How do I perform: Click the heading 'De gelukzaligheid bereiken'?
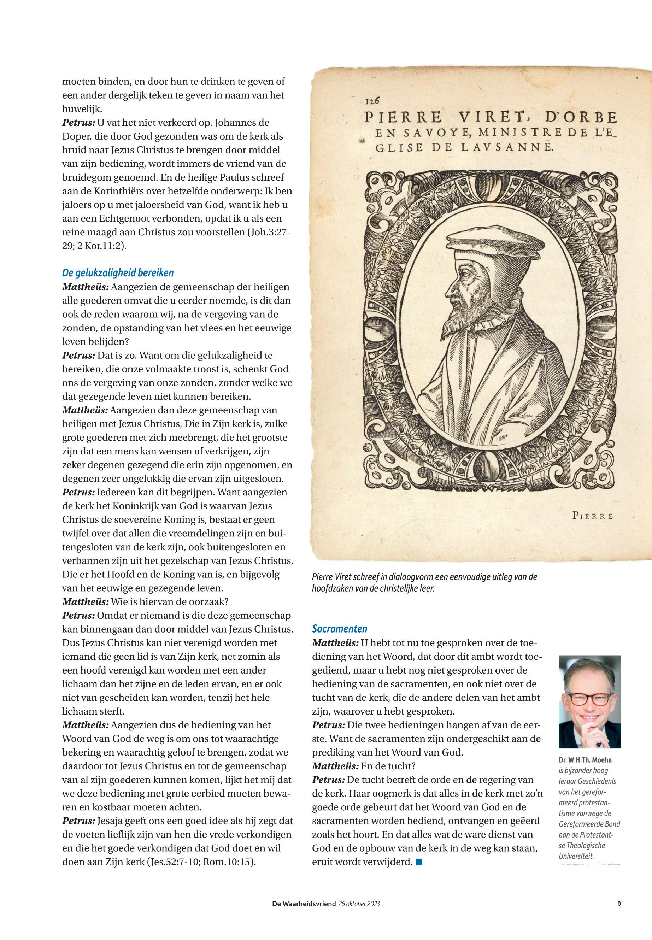[118, 273]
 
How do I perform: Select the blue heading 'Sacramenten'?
[340, 629]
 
